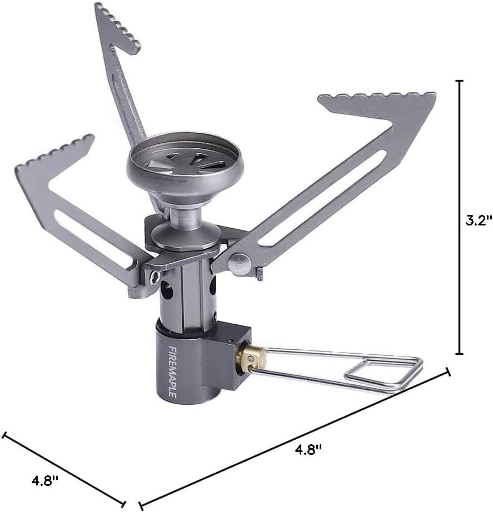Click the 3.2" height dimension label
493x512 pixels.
tap(478, 220)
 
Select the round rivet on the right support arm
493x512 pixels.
tap(240, 263)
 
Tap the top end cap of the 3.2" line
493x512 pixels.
tap(459, 81)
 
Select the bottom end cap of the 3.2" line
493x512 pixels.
tap(459, 354)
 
